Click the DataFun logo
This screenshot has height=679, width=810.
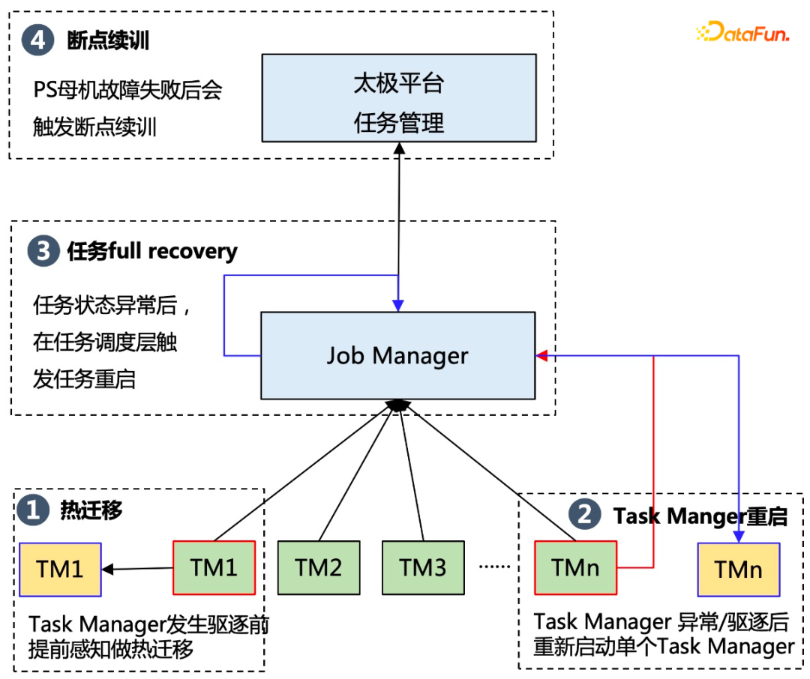pos(742,33)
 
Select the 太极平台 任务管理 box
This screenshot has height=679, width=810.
pos(398,98)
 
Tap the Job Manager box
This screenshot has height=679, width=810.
pos(397,355)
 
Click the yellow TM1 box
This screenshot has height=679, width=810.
pos(60,569)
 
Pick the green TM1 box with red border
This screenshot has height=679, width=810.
pos(214,567)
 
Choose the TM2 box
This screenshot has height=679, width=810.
pos(319,568)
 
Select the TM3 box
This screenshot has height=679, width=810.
pos(423,568)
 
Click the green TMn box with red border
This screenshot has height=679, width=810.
pos(575,567)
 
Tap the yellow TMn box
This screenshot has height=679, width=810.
pos(739,569)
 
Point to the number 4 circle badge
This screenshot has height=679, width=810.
pos(37,40)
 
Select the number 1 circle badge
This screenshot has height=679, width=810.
pos(32,511)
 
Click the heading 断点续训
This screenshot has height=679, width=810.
pos(108,40)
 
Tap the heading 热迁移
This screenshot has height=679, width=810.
pos(91,511)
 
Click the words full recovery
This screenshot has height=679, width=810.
pos(173,251)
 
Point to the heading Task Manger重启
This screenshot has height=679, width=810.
pos(700,516)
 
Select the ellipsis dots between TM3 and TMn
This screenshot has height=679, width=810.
pos(494,567)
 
